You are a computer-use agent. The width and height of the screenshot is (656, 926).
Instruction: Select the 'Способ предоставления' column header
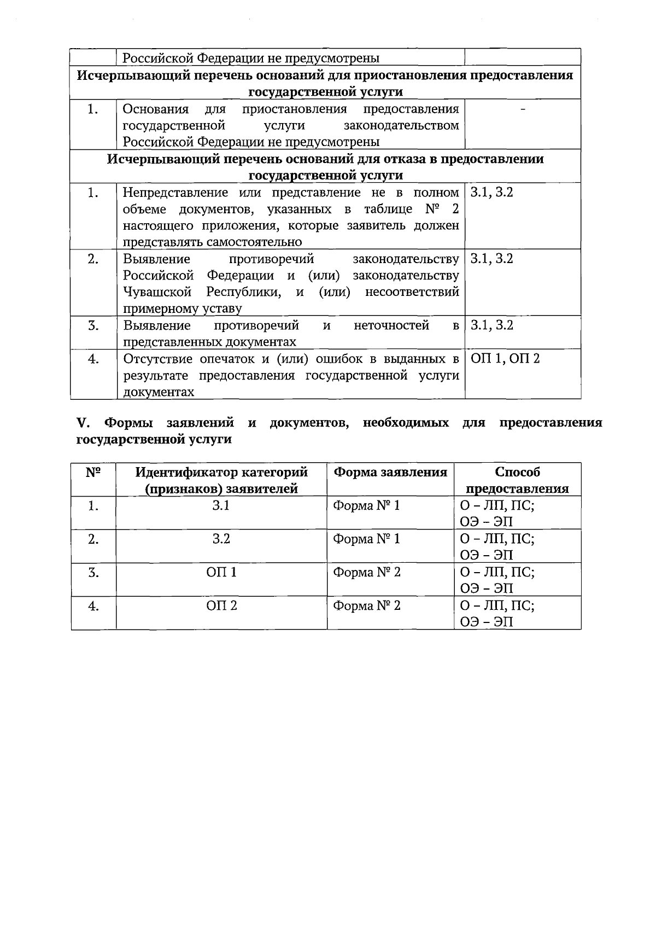click(517, 480)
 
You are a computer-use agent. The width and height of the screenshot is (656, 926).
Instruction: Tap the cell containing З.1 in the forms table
click(221, 506)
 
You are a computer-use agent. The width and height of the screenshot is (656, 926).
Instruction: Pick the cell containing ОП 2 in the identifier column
click(221, 606)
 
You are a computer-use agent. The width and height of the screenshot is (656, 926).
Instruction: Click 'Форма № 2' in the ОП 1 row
click(366, 573)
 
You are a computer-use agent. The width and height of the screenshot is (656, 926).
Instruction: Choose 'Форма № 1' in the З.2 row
click(366, 539)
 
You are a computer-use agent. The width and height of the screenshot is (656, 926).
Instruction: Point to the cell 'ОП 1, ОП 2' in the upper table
click(505, 359)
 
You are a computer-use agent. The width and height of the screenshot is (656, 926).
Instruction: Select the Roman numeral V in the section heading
click(82, 423)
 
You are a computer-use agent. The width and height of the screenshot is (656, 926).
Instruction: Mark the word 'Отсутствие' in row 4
click(157, 359)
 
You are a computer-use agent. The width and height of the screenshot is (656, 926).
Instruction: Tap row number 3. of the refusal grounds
click(93, 326)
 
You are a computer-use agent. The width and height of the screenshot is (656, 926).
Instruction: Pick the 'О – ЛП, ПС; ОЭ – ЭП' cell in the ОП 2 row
click(496, 614)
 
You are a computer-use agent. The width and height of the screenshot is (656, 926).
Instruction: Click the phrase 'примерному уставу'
click(181, 308)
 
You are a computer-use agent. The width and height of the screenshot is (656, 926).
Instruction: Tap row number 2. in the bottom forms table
click(93, 539)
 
